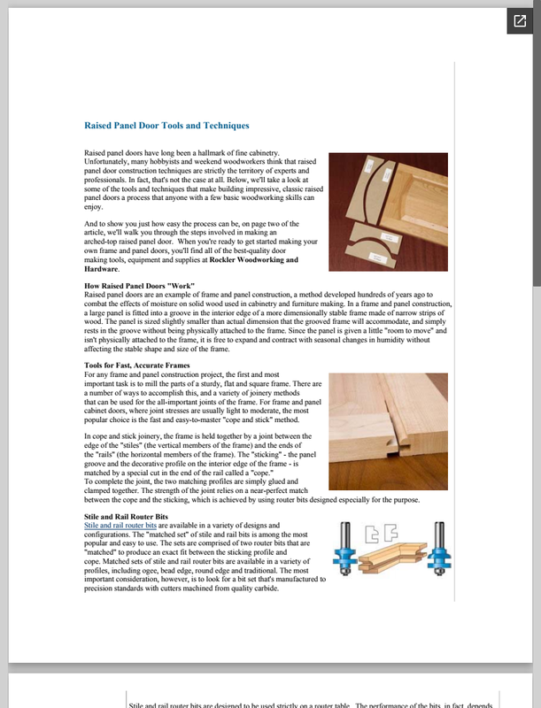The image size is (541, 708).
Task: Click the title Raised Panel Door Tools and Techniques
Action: point(166,127)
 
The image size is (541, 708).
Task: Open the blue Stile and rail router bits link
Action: point(120,525)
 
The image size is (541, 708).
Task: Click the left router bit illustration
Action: point(344,554)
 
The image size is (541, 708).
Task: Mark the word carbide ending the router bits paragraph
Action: point(267,588)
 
